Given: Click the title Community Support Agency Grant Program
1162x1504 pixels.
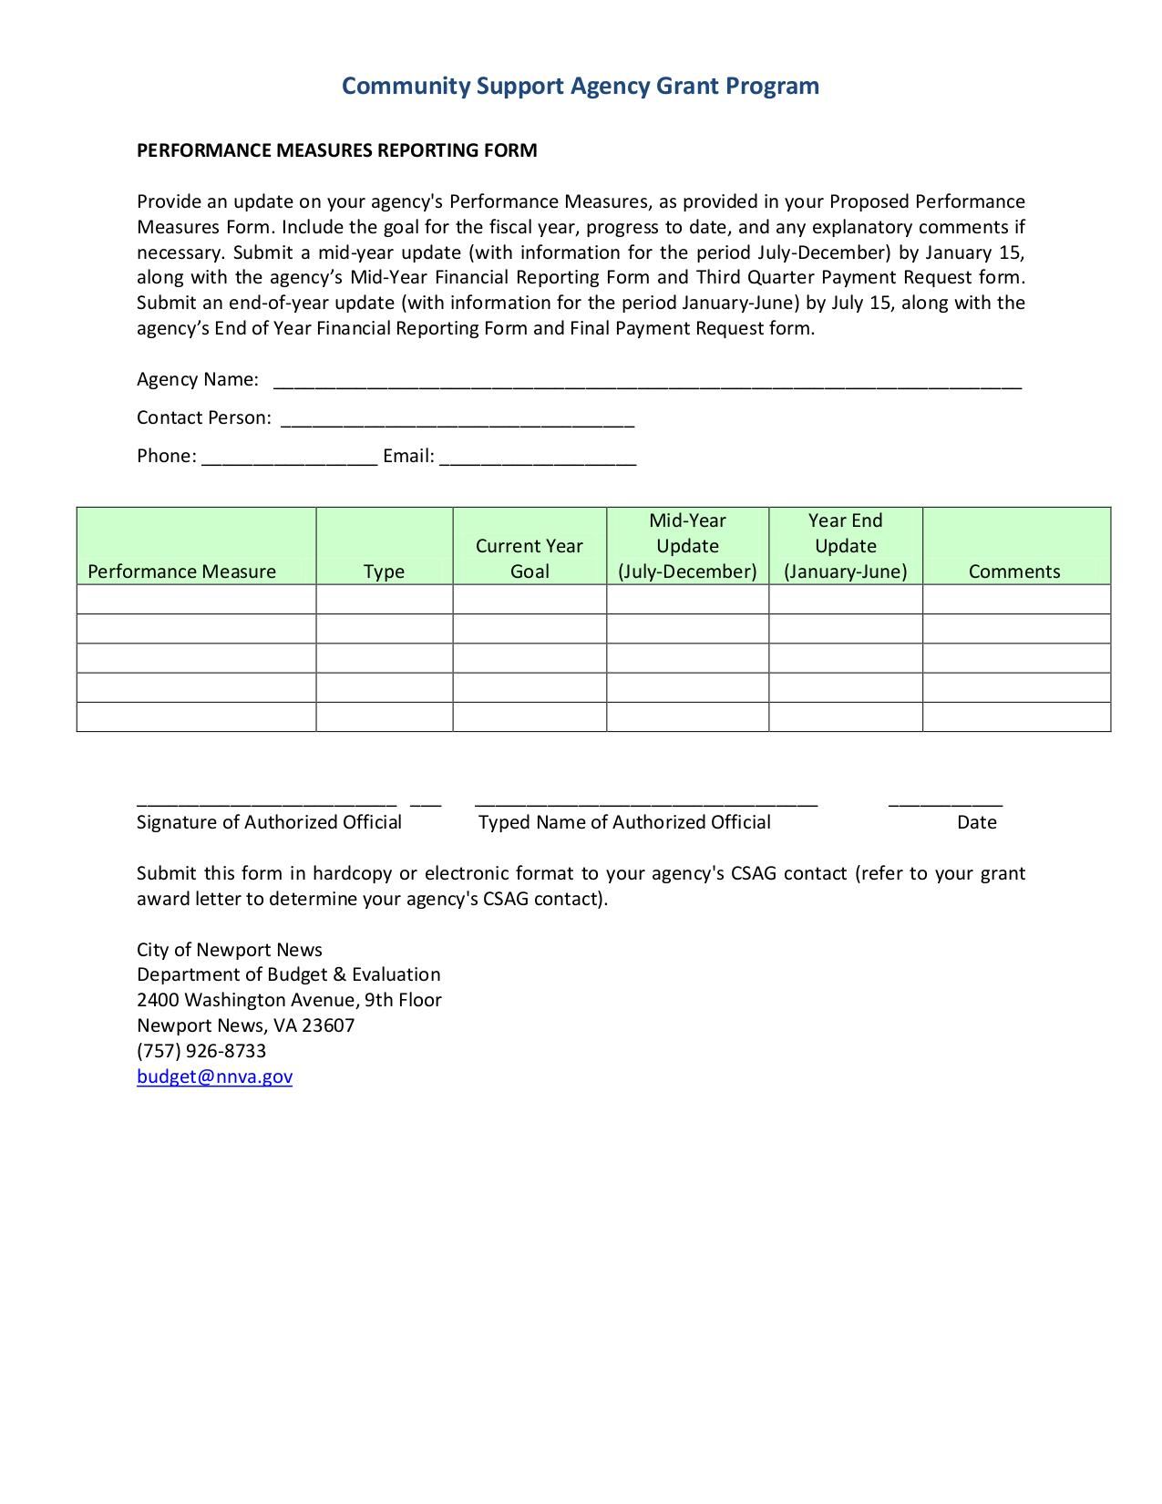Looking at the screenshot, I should point(581,86).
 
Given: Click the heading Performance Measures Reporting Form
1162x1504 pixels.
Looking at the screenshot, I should point(336,150).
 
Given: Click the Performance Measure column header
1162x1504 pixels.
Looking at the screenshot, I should point(181,572).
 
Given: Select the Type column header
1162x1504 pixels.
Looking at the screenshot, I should point(384,572).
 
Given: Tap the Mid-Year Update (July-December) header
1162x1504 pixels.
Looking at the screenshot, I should point(687,546).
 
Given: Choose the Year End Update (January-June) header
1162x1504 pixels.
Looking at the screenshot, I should point(845,546).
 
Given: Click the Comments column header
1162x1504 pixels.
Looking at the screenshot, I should point(1014,572).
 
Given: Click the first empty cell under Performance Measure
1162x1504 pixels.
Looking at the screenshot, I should point(196,600).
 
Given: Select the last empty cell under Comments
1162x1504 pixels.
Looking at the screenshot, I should point(1016,716).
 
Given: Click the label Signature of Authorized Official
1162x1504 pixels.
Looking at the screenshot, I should point(269,822).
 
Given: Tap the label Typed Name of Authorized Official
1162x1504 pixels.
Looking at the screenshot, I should point(624,822).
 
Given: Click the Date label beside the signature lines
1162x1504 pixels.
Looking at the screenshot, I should point(976,822).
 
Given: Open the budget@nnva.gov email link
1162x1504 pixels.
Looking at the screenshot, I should point(214,1076).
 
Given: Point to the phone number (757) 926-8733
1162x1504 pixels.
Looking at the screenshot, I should point(201,1051).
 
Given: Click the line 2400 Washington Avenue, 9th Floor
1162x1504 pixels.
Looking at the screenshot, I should point(289,1000).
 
